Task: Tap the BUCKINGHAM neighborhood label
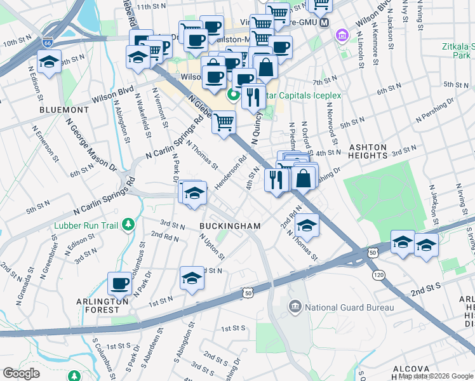230,226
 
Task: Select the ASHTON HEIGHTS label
368,151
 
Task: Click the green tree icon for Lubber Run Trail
129,224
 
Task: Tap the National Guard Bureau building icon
295,307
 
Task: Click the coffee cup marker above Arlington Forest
119,284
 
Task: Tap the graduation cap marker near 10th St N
48,62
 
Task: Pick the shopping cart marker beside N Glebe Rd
224,121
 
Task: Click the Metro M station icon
324,22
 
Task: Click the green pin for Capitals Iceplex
233,96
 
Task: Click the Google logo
22,373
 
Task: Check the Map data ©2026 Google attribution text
435,376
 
